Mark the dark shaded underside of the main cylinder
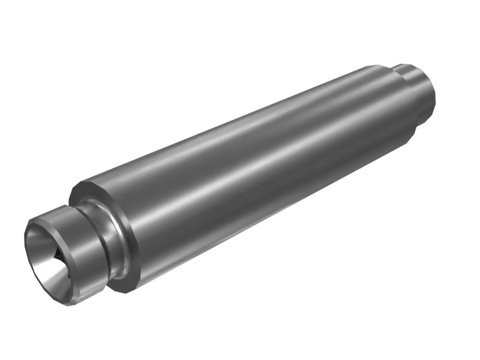[270, 222]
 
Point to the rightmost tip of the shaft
[435, 96]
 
